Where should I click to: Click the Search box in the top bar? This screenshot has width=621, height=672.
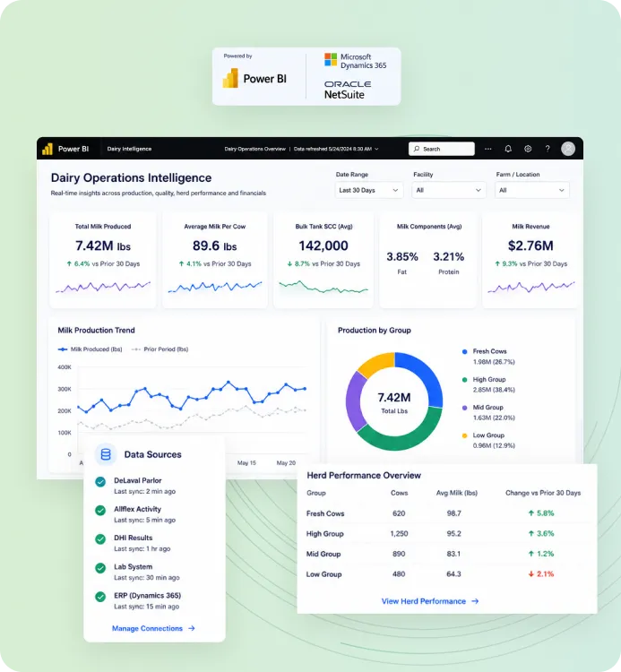click(442, 149)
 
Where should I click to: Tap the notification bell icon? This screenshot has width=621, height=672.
click(508, 149)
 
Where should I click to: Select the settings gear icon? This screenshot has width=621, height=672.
click(528, 149)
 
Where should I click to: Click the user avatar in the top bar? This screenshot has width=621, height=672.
click(568, 149)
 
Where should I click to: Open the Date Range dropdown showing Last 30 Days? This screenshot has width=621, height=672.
click(368, 190)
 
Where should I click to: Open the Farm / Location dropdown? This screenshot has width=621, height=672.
click(532, 190)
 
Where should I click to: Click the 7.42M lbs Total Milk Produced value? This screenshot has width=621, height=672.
click(103, 246)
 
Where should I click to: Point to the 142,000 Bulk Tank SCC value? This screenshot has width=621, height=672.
click(323, 246)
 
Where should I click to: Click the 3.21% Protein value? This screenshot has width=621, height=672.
click(448, 257)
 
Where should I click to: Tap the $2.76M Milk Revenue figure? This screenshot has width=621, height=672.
click(530, 246)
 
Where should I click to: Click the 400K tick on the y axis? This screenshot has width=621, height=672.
click(65, 367)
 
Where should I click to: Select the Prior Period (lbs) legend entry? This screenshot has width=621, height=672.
click(160, 349)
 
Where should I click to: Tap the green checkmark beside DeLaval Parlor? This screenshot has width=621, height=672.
click(100, 482)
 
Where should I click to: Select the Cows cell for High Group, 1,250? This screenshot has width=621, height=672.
click(399, 534)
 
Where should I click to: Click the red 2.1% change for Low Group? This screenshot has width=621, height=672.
click(541, 573)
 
